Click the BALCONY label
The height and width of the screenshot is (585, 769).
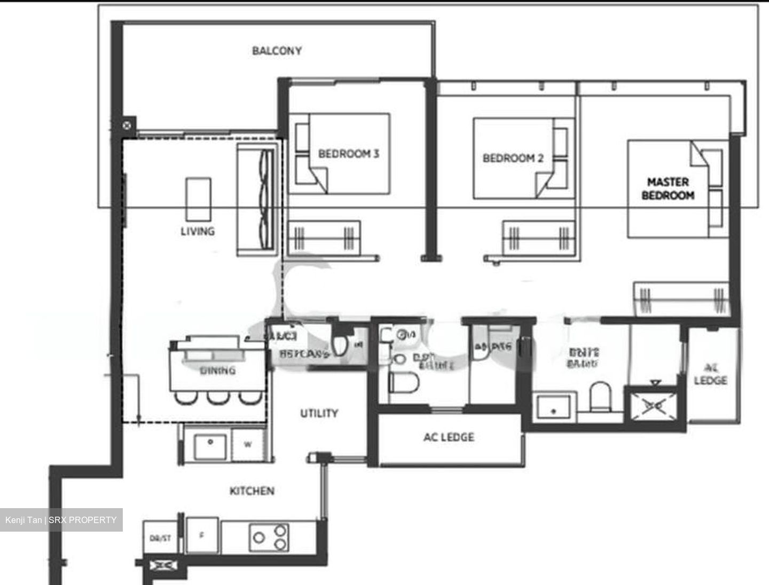[x=277, y=51]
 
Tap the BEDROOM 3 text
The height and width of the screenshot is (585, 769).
[x=348, y=154]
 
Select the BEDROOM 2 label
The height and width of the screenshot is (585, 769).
[x=513, y=158]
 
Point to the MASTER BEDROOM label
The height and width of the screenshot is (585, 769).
[x=668, y=188]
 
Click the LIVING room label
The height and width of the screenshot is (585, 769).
[x=198, y=231]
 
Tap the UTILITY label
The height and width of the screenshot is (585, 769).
[x=319, y=413]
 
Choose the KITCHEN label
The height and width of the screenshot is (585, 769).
[x=252, y=491]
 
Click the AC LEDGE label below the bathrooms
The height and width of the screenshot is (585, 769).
[x=449, y=437]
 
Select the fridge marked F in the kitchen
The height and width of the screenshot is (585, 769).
[x=201, y=535]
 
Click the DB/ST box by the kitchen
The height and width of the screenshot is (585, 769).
[x=160, y=538]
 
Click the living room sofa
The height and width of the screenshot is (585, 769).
[x=258, y=199]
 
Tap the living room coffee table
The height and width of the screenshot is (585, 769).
[x=198, y=199]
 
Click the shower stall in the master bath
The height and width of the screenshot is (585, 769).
[x=654, y=406]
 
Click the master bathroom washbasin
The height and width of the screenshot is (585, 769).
[x=554, y=408]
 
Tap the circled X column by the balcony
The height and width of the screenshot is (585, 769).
[x=127, y=125]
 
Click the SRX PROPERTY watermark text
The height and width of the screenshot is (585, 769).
[x=82, y=520]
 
